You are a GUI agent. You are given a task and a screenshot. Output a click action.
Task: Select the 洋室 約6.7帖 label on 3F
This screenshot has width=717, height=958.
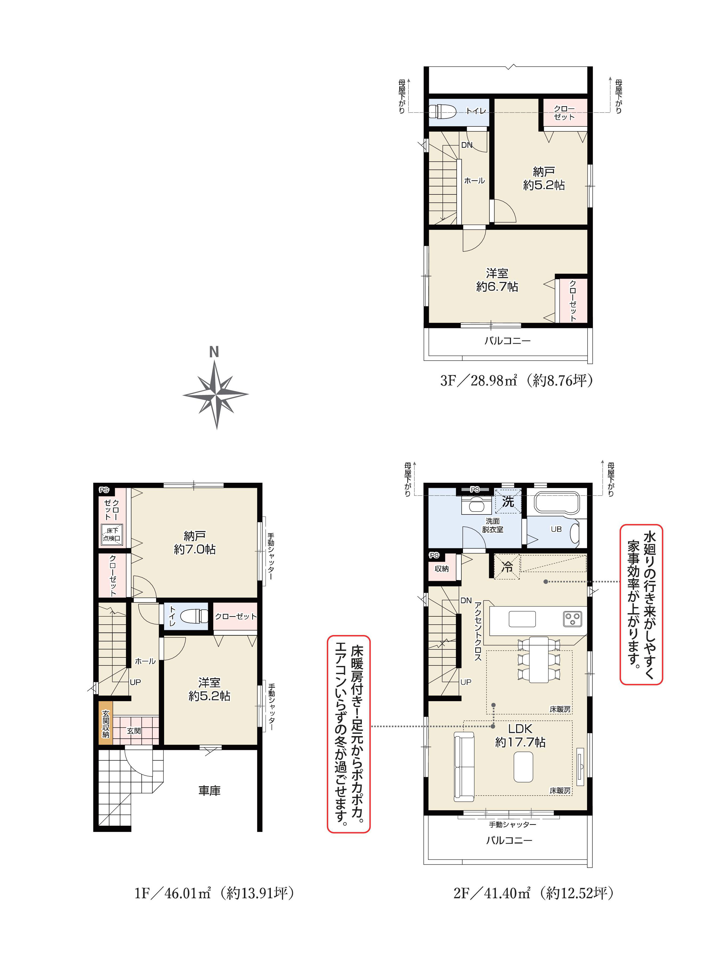point(497,280)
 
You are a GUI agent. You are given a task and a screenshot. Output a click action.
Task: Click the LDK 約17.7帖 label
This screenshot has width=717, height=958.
point(520,735)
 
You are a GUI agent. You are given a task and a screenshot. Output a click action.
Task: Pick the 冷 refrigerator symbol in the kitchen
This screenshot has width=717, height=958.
point(507,566)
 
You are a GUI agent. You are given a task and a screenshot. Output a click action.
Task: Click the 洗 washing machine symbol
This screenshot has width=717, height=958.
point(508,501)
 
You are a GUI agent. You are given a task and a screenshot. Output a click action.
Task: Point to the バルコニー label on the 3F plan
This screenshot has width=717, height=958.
point(507,340)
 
